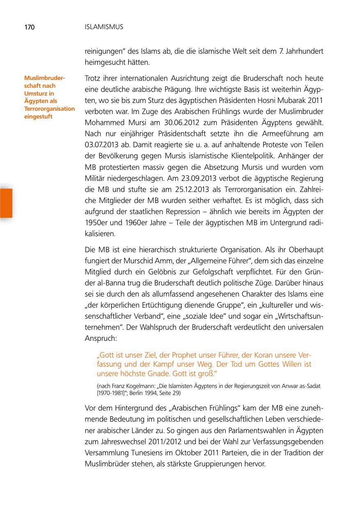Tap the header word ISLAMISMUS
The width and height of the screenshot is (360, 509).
click(104, 27)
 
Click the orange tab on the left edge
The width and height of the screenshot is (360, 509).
click(6, 203)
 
